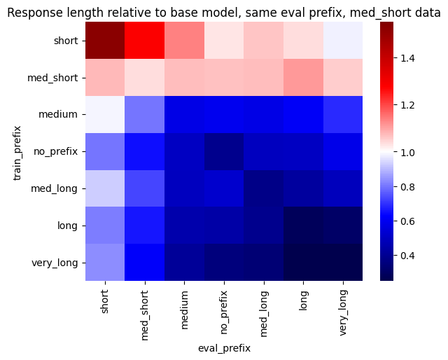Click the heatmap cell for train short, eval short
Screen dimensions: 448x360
105,41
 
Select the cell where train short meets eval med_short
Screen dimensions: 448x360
145,41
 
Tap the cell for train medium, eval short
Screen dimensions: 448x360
105,114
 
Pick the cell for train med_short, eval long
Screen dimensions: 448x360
303,78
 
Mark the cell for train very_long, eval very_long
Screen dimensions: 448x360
343,262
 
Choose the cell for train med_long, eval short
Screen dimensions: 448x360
105,188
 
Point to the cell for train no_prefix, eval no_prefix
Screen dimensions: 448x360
224,151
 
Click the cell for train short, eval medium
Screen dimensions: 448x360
184,41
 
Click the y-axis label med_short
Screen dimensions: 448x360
52,78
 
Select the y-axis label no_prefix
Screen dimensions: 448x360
56,151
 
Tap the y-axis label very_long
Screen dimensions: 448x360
55,263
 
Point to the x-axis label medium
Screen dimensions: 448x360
185,310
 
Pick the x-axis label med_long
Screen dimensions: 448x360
264,314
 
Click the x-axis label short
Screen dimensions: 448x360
105,302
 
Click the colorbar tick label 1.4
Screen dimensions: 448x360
407,58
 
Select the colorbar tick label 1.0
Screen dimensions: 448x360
407,153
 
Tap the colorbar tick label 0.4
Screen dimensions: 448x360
407,256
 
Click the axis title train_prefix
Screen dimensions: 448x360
17,153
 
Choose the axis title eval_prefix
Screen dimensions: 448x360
224,349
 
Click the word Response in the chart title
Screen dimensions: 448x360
38,13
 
